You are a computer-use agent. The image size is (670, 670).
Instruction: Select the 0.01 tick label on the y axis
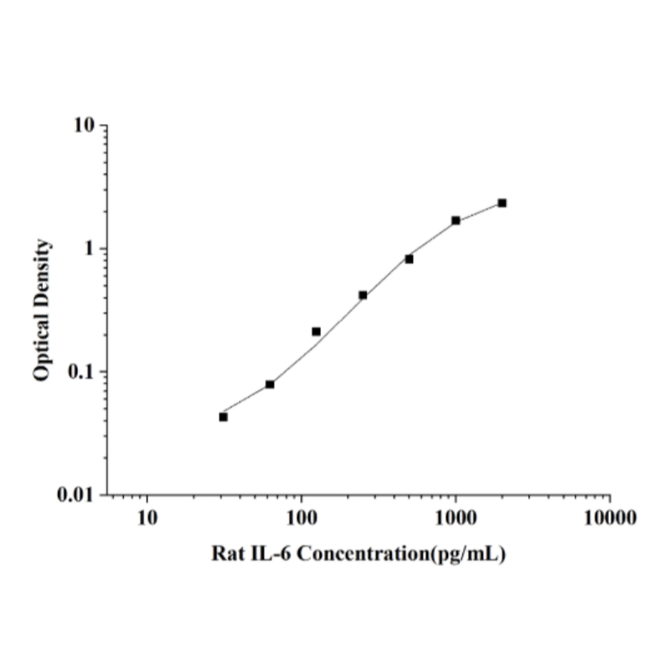[78, 495]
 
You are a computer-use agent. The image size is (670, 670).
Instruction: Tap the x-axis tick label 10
[147, 517]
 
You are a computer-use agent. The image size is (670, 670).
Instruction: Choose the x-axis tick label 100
[301, 517]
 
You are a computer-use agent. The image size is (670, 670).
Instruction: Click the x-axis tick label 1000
[456, 517]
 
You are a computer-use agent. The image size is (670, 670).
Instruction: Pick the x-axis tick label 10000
[610, 517]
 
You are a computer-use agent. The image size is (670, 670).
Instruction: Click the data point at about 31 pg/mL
[224, 416]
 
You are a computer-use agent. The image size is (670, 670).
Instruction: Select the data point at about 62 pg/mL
[270, 384]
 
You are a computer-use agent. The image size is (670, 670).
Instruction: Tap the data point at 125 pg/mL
[317, 332]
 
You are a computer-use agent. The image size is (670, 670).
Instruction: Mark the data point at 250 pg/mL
[363, 295]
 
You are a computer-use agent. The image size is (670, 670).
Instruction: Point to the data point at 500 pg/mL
[410, 259]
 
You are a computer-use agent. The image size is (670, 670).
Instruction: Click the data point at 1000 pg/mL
[456, 220]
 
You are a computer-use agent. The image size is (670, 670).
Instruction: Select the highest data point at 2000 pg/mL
[502, 203]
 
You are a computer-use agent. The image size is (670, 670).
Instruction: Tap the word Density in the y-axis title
[42, 271]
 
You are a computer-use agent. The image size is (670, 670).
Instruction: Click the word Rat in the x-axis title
[229, 554]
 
